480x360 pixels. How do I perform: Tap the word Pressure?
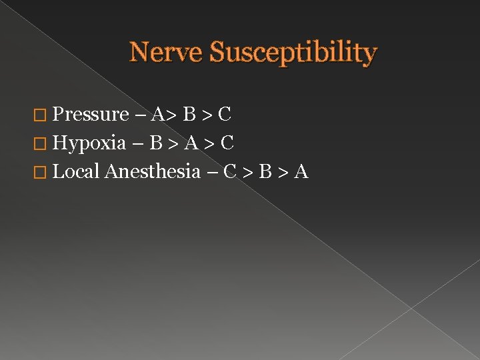point(90,115)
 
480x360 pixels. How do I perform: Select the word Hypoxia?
point(89,143)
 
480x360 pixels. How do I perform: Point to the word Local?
point(76,171)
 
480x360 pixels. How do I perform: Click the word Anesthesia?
point(153,171)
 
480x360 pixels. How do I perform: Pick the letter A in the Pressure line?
point(158,115)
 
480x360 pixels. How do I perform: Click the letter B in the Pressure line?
point(190,115)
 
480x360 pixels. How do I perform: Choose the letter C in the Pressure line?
point(225,115)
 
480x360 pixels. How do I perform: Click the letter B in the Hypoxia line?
point(157,143)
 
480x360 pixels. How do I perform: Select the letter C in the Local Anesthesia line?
point(230,171)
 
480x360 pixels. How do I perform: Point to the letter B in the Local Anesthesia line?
point(265,171)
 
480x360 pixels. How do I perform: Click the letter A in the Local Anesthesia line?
point(301,171)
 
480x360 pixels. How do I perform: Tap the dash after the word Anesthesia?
point(212,173)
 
